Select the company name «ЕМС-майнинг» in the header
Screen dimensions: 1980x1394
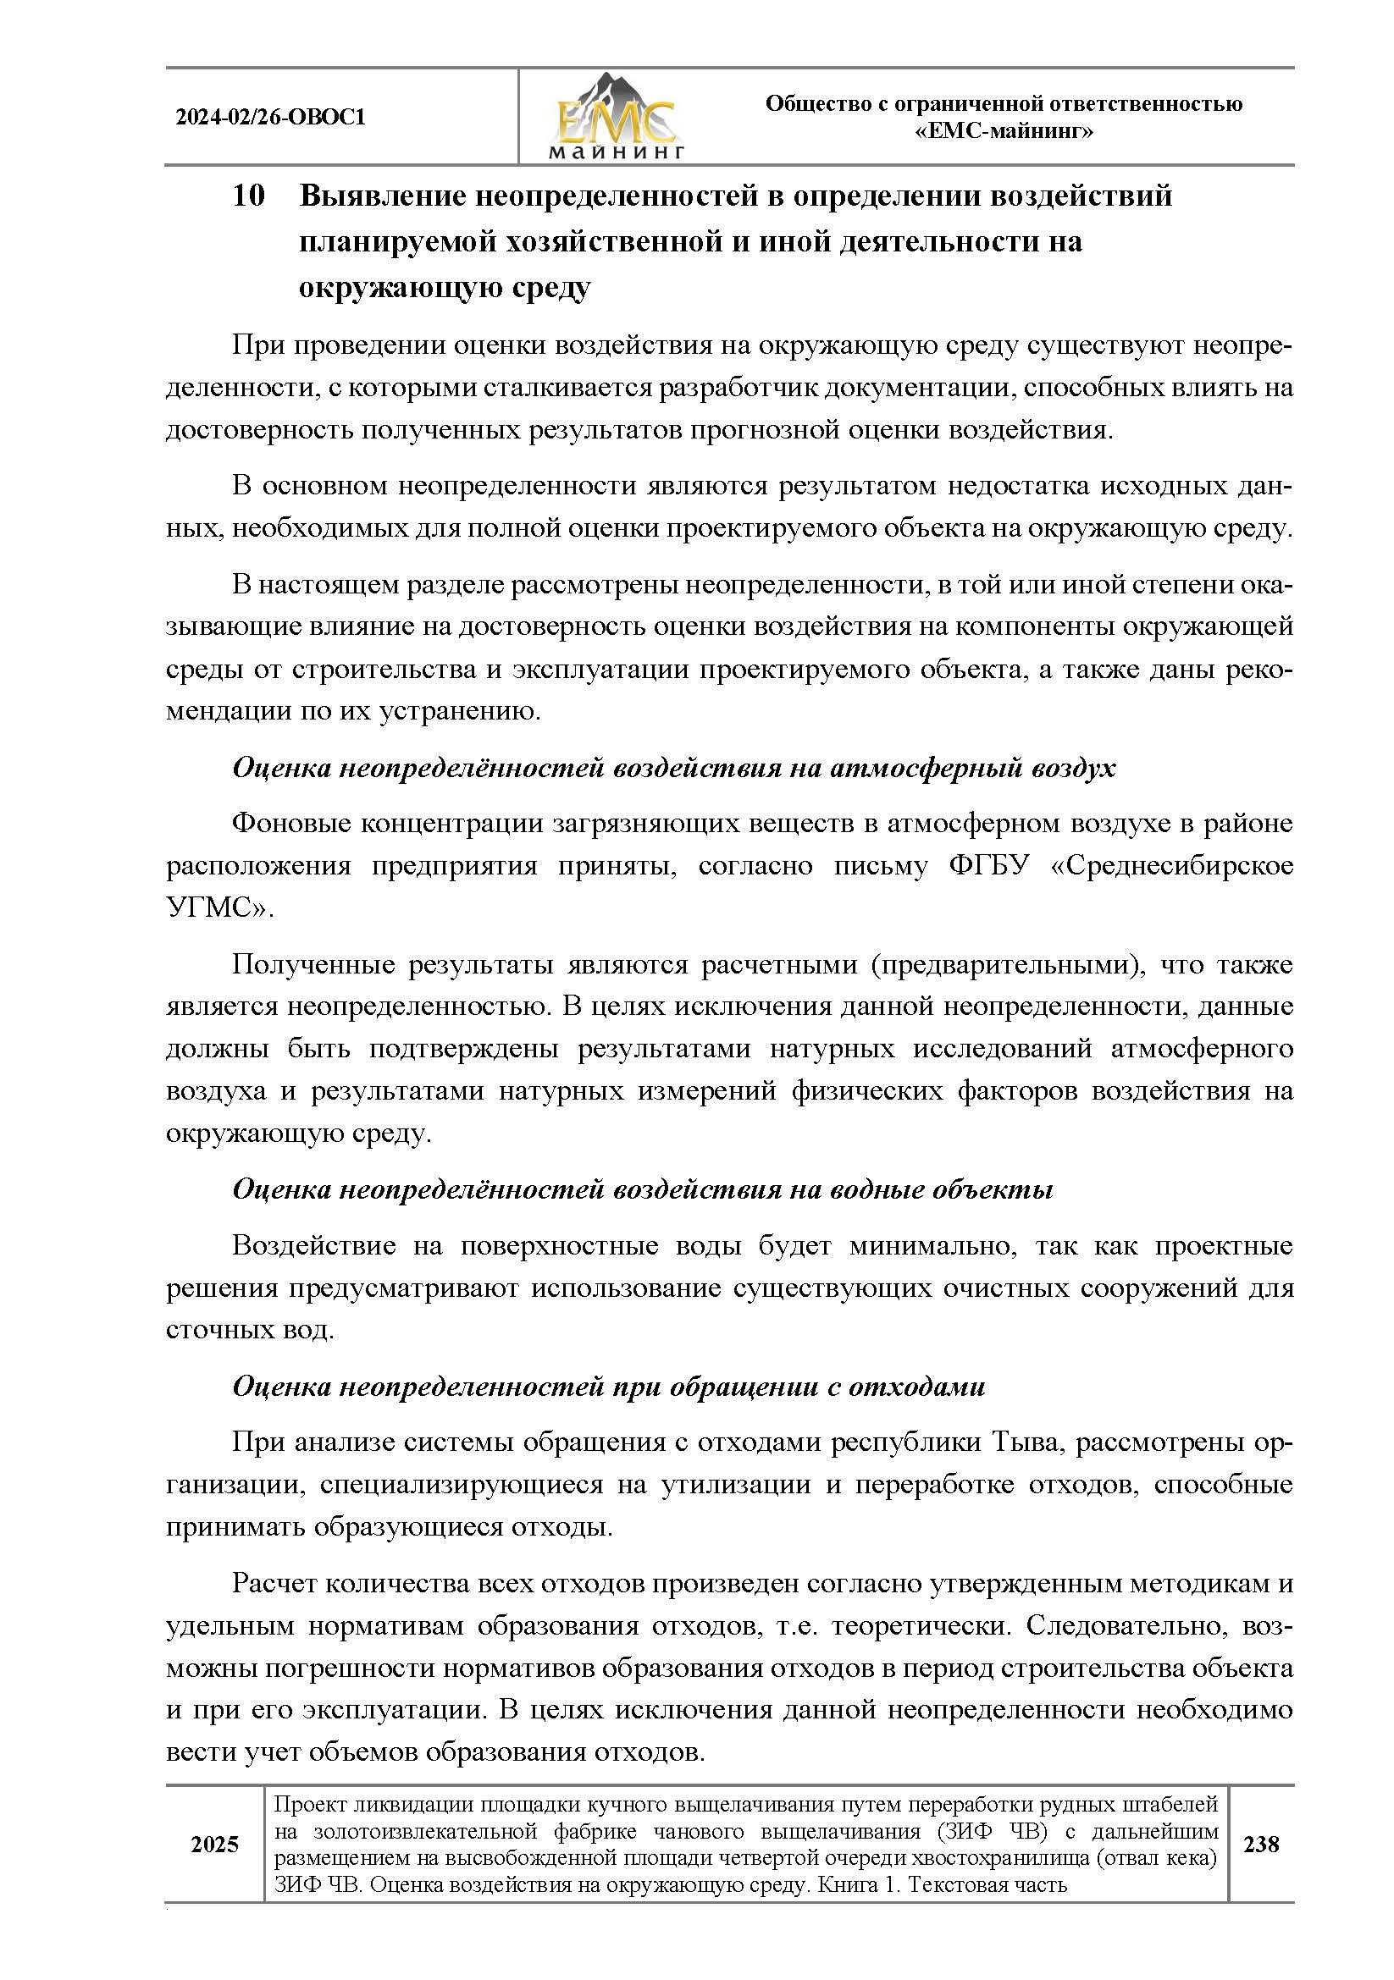tap(1004, 132)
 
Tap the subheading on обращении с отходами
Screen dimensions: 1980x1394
tap(608, 1387)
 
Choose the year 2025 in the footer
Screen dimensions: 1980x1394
tap(214, 1845)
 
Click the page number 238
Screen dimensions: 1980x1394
tap(1261, 1845)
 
